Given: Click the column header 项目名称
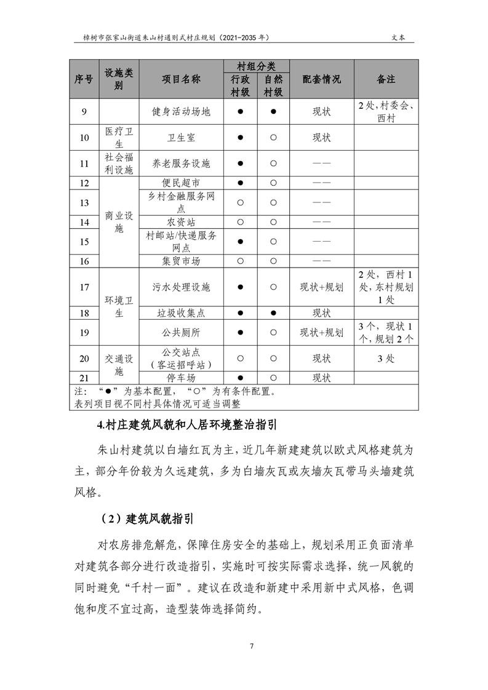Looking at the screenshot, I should coord(181,79).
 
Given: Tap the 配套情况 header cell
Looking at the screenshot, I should coord(322,79).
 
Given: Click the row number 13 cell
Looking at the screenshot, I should coord(84,202).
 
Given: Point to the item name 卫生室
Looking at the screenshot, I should coord(181,137).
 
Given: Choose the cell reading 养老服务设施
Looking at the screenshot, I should coord(181,164).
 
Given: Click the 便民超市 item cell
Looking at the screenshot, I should coord(181,183).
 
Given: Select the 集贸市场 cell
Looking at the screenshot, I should coord(181,261).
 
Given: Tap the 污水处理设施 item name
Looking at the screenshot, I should coord(181,287).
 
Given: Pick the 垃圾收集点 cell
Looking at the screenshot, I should coord(181,313).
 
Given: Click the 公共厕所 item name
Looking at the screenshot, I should coord(181,333).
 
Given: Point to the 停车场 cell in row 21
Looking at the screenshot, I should coord(181,378).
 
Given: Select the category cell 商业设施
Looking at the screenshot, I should coord(119,222).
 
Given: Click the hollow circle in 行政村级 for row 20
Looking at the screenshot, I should coord(241,359).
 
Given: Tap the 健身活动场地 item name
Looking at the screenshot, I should coord(181,112).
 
